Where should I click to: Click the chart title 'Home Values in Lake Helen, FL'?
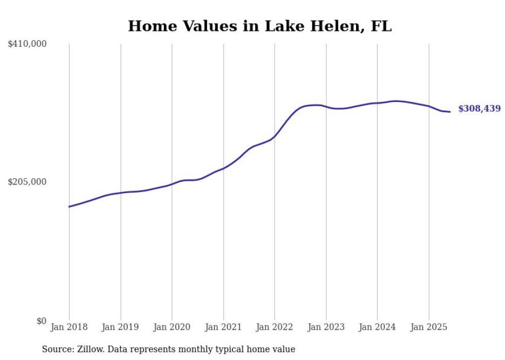260,26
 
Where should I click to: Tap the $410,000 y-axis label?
27,44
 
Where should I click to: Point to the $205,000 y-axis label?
27,182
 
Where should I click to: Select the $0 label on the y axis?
41,321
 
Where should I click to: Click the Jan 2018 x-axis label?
69,327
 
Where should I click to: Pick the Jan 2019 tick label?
121,327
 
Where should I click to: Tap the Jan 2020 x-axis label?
172,327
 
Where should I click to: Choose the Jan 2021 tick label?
223,327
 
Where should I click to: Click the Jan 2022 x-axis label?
275,327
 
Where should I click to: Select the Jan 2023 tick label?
326,327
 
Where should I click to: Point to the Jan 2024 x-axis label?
377,327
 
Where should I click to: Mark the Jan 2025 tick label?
429,327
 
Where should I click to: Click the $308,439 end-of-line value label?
479,109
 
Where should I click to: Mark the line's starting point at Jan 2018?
69,207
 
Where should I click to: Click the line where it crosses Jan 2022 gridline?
275,136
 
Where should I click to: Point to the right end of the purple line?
450,112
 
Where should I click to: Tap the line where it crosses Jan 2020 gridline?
172,184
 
